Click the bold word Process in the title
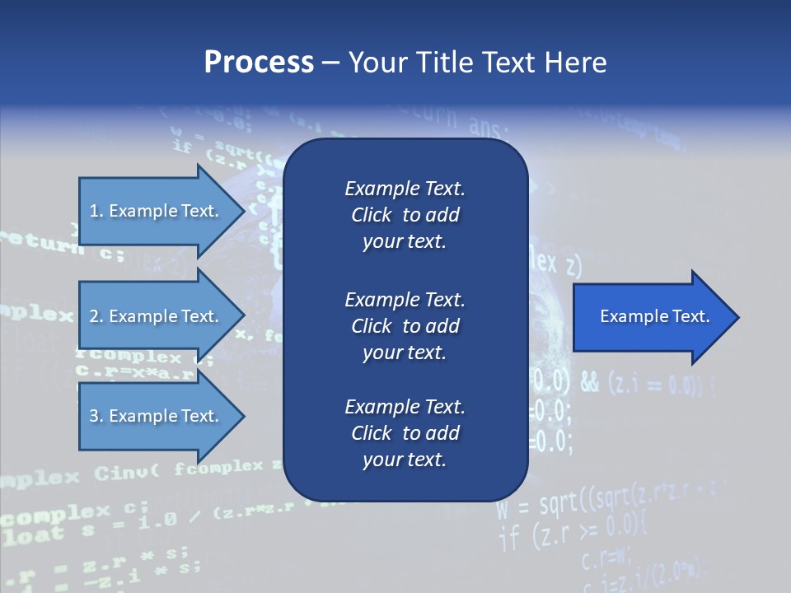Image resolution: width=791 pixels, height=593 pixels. click(259, 63)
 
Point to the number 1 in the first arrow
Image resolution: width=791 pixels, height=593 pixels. click(94, 211)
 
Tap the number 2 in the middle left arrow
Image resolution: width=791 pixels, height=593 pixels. click(94, 316)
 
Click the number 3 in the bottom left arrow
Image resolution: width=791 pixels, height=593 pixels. click(94, 416)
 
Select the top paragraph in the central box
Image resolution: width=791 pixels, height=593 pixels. click(405, 215)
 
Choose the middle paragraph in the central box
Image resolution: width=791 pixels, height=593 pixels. click(405, 325)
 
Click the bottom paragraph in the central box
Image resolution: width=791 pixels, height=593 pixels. click(405, 432)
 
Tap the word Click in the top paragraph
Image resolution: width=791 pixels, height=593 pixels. click(371, 215)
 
